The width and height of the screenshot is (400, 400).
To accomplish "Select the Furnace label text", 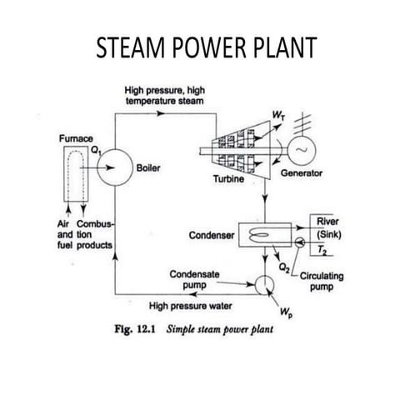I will [x=73, y=135].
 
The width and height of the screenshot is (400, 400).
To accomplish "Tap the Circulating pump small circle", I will [x=298, y=242].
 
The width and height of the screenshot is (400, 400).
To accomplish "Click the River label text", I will [x=327, y=221].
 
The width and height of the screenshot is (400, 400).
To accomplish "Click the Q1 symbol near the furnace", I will [x=97, y=151].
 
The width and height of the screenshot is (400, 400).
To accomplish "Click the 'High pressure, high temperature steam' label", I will [x=163, y=94].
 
